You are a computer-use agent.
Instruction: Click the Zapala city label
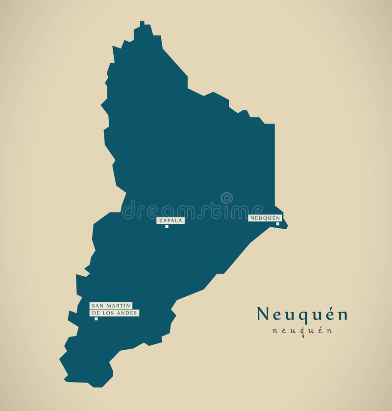[171, 220]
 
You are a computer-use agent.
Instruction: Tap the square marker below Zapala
[167, 226]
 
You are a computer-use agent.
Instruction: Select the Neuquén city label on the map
[265, 218]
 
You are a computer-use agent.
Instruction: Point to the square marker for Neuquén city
[277, 224]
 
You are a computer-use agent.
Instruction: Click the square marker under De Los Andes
[96, 319]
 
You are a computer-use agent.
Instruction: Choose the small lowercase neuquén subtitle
[302, 331]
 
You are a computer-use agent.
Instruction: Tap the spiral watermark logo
[226, 198]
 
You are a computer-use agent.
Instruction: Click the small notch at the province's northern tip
[142, 23]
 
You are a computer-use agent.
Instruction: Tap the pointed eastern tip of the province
[287, 226]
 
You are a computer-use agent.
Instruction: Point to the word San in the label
[97, 306]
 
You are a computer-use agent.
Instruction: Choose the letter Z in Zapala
[160, 220]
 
